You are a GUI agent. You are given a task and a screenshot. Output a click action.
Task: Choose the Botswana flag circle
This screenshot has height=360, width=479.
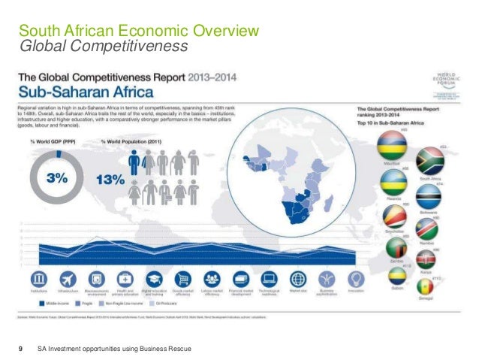[428, 198]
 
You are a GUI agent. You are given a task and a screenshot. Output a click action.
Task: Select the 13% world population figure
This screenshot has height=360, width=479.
[109, 180]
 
